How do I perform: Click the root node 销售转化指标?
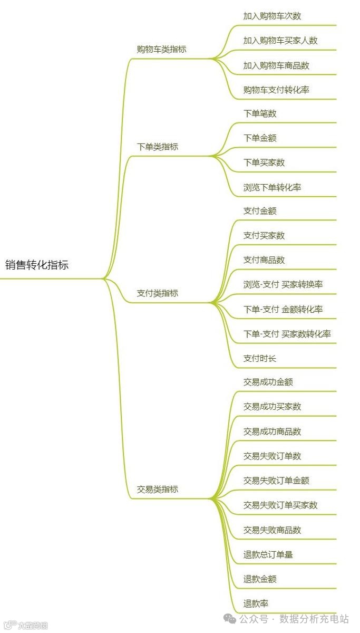point(37,265)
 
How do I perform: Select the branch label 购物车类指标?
point(161,50)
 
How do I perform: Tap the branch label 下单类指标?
point(158,147)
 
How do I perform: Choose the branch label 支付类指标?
point(158,293)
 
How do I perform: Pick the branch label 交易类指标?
point(158,490)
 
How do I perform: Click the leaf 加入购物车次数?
point(272,16)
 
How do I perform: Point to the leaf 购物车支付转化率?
point(276,90)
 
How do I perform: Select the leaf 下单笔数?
point(260,113)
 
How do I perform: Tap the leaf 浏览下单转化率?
point(272,187)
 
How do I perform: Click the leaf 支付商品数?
point(264,260)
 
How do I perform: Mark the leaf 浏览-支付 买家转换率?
point(283,285)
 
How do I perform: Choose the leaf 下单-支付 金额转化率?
point(283,310)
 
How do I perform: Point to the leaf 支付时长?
point(260,359)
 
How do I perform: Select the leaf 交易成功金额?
point(268,382)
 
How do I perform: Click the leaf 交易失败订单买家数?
point(280,505)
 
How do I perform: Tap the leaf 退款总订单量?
point(268,554)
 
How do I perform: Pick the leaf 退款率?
point(256,603)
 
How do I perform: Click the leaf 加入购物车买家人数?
point(280,41)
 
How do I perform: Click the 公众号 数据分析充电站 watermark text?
point(294,618)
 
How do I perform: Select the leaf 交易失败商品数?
point(272,530)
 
